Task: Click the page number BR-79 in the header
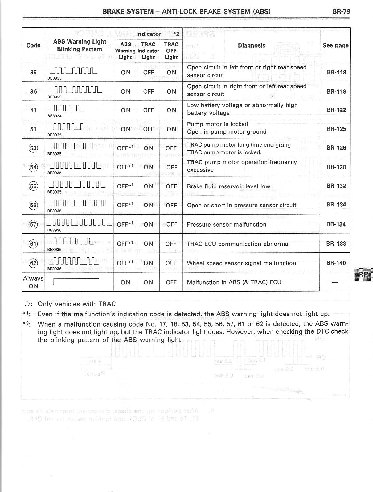click(x=341, y=12)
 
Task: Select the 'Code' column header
click(x=33, y=45)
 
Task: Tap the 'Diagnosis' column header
click(x=252, y=45)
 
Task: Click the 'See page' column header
click(x=335, y=45)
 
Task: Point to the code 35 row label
click(x=33, y=72)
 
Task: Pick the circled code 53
click(x=33, y=148)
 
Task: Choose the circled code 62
click(x=33, y=263)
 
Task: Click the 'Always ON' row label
click(x=33, y=282)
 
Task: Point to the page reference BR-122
click(x=336, y=110)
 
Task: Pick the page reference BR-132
click(x=336, y=186)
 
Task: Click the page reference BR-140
click(x=336, y=263)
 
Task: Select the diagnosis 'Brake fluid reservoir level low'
click(x=228, y=186)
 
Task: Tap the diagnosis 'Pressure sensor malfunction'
click(x=227, y=224)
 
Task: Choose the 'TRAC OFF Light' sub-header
click(x=171, y=51)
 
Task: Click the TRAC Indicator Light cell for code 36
click(x=148, y=91)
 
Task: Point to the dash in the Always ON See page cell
click(x=335, y=282)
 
